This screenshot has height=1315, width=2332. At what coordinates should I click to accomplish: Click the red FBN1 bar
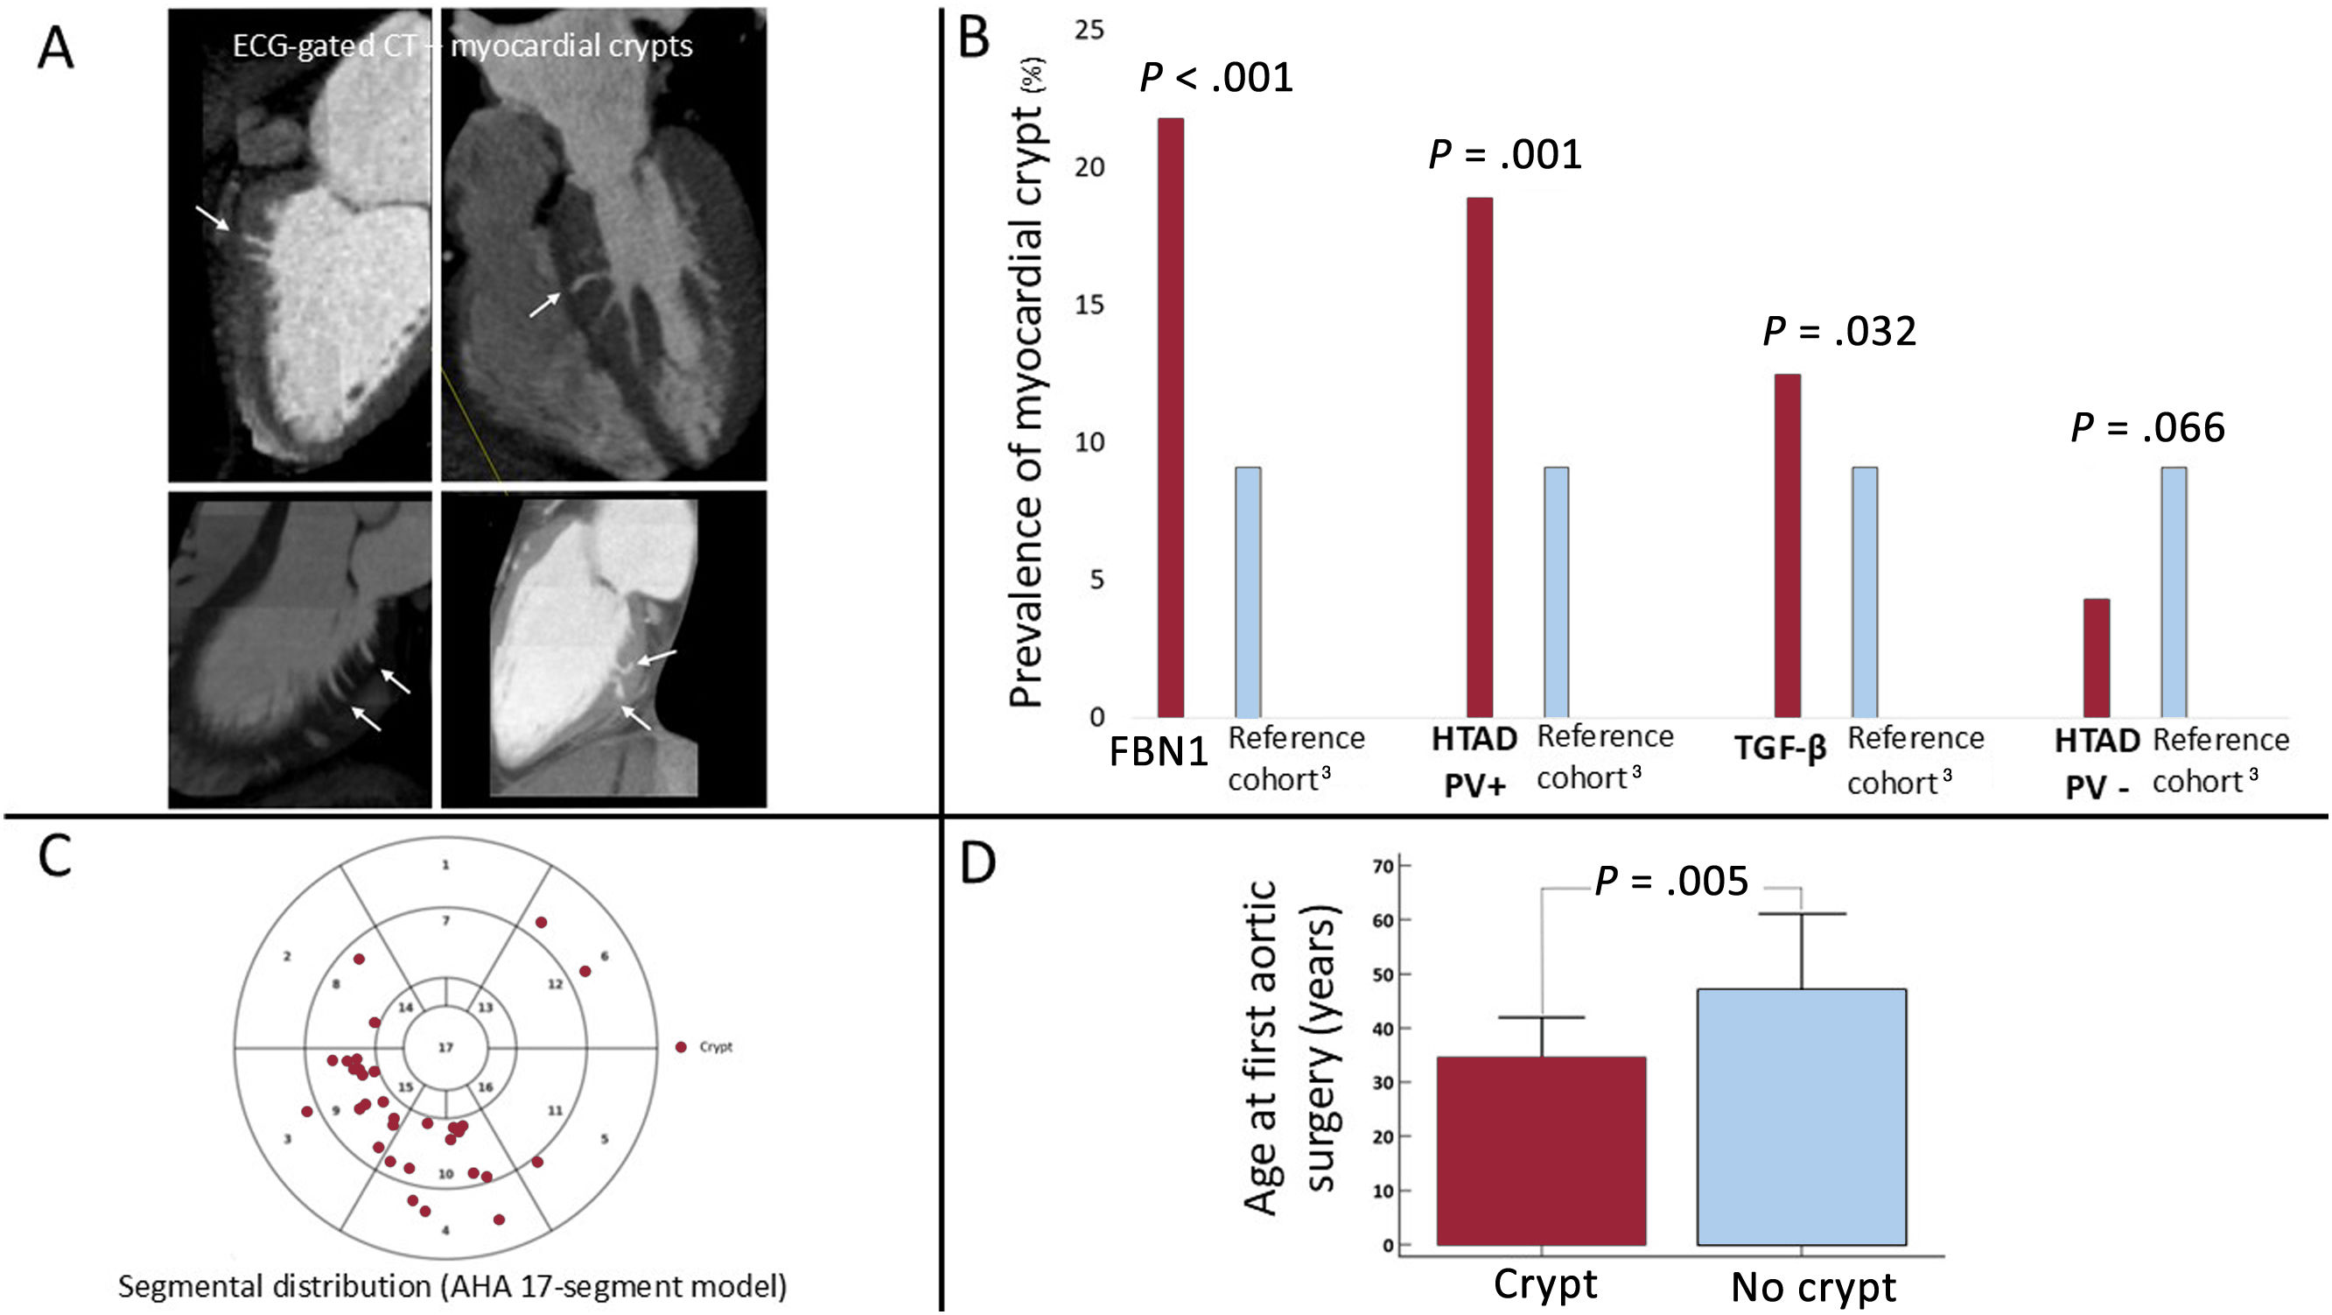pyautogui.click(x=1171, y=417)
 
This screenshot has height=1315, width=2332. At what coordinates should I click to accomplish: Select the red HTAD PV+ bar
pyautogui.click(x=1479, y=457)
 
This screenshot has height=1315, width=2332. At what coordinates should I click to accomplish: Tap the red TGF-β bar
pyautogui.click(x=1787, y=545)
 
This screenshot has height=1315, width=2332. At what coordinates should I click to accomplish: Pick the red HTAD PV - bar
pyautogui.click(x=2097, y=657)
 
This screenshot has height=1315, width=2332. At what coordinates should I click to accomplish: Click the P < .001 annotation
pyautogui.click(x=1215, y=78)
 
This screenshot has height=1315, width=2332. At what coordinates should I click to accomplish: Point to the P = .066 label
pyautogui.click(x=2147, y=427)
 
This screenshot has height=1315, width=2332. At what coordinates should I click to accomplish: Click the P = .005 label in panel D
pyautogui.click(x=1671, y=882)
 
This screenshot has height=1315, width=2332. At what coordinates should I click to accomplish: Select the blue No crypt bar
pyautogui.click(x=1802, y=1116)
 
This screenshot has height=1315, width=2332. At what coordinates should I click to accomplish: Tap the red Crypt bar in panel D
pyautogui.click(x=1541, y=1150)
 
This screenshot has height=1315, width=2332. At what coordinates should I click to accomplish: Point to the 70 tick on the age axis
pyautogui.click(x=1383, y=867)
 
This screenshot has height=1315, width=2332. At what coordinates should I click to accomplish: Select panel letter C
pyautogui.click(x=55, y=856)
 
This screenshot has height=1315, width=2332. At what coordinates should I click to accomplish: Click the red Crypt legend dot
pyautogui.click(x=681, y=1047)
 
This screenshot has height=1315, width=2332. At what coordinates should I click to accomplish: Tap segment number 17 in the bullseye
pyautogui.click(x=445, y=1048)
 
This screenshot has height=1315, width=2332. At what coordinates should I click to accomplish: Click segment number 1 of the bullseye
pyautogui.click(x=445, y=865)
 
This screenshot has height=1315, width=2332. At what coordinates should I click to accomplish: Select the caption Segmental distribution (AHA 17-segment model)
pyautogui.click(x=452, y=1286)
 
